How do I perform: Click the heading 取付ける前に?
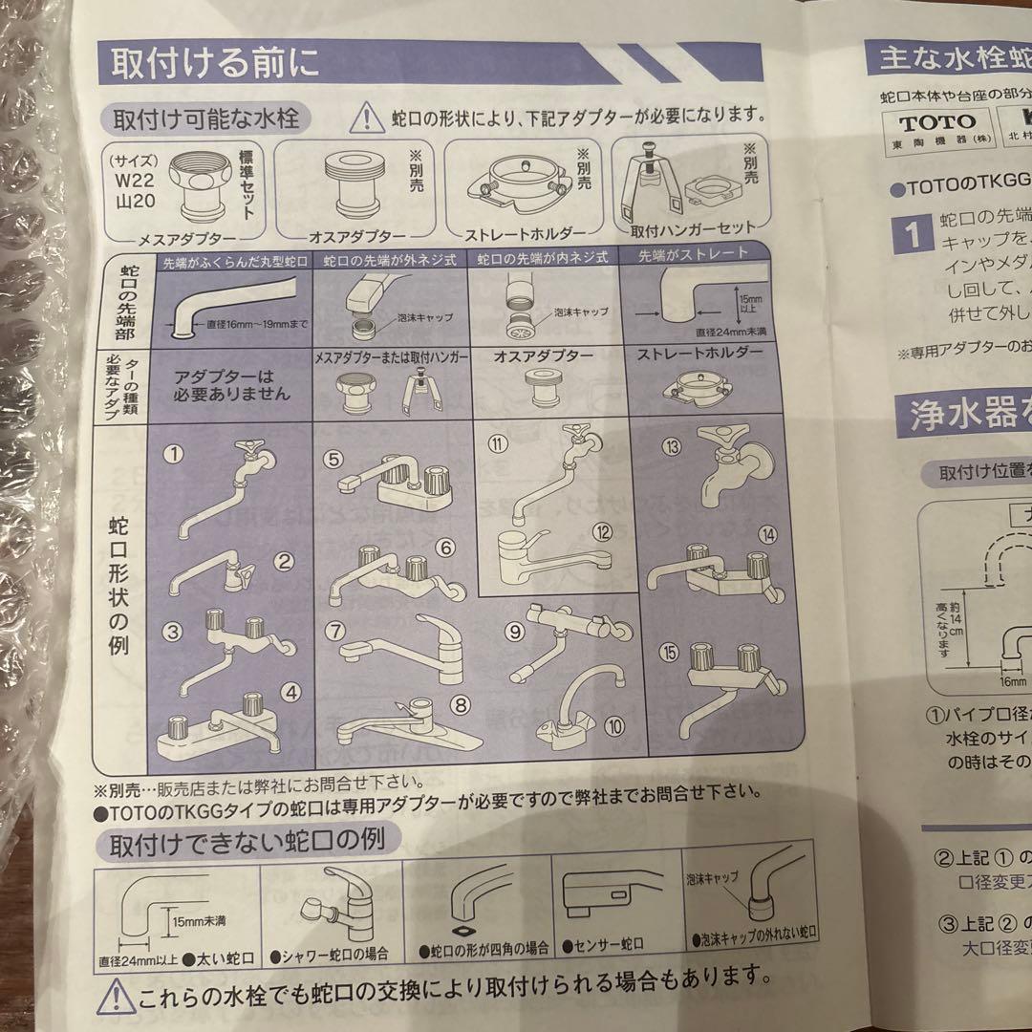click(x=216, y=65)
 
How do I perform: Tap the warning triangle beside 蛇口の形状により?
click(x=365, y=118)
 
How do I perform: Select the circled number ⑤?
click(x=333, y=460)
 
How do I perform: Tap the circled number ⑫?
click(x=601, y=532)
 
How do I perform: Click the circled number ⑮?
click(x=669, y=654)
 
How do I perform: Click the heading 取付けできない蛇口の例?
click(x=248, y=844)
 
